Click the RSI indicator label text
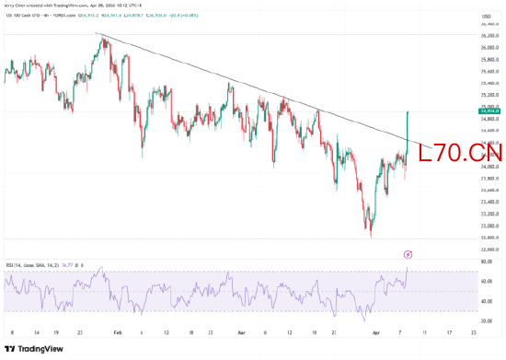point(37,263)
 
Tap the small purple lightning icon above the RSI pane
point(408,252)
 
